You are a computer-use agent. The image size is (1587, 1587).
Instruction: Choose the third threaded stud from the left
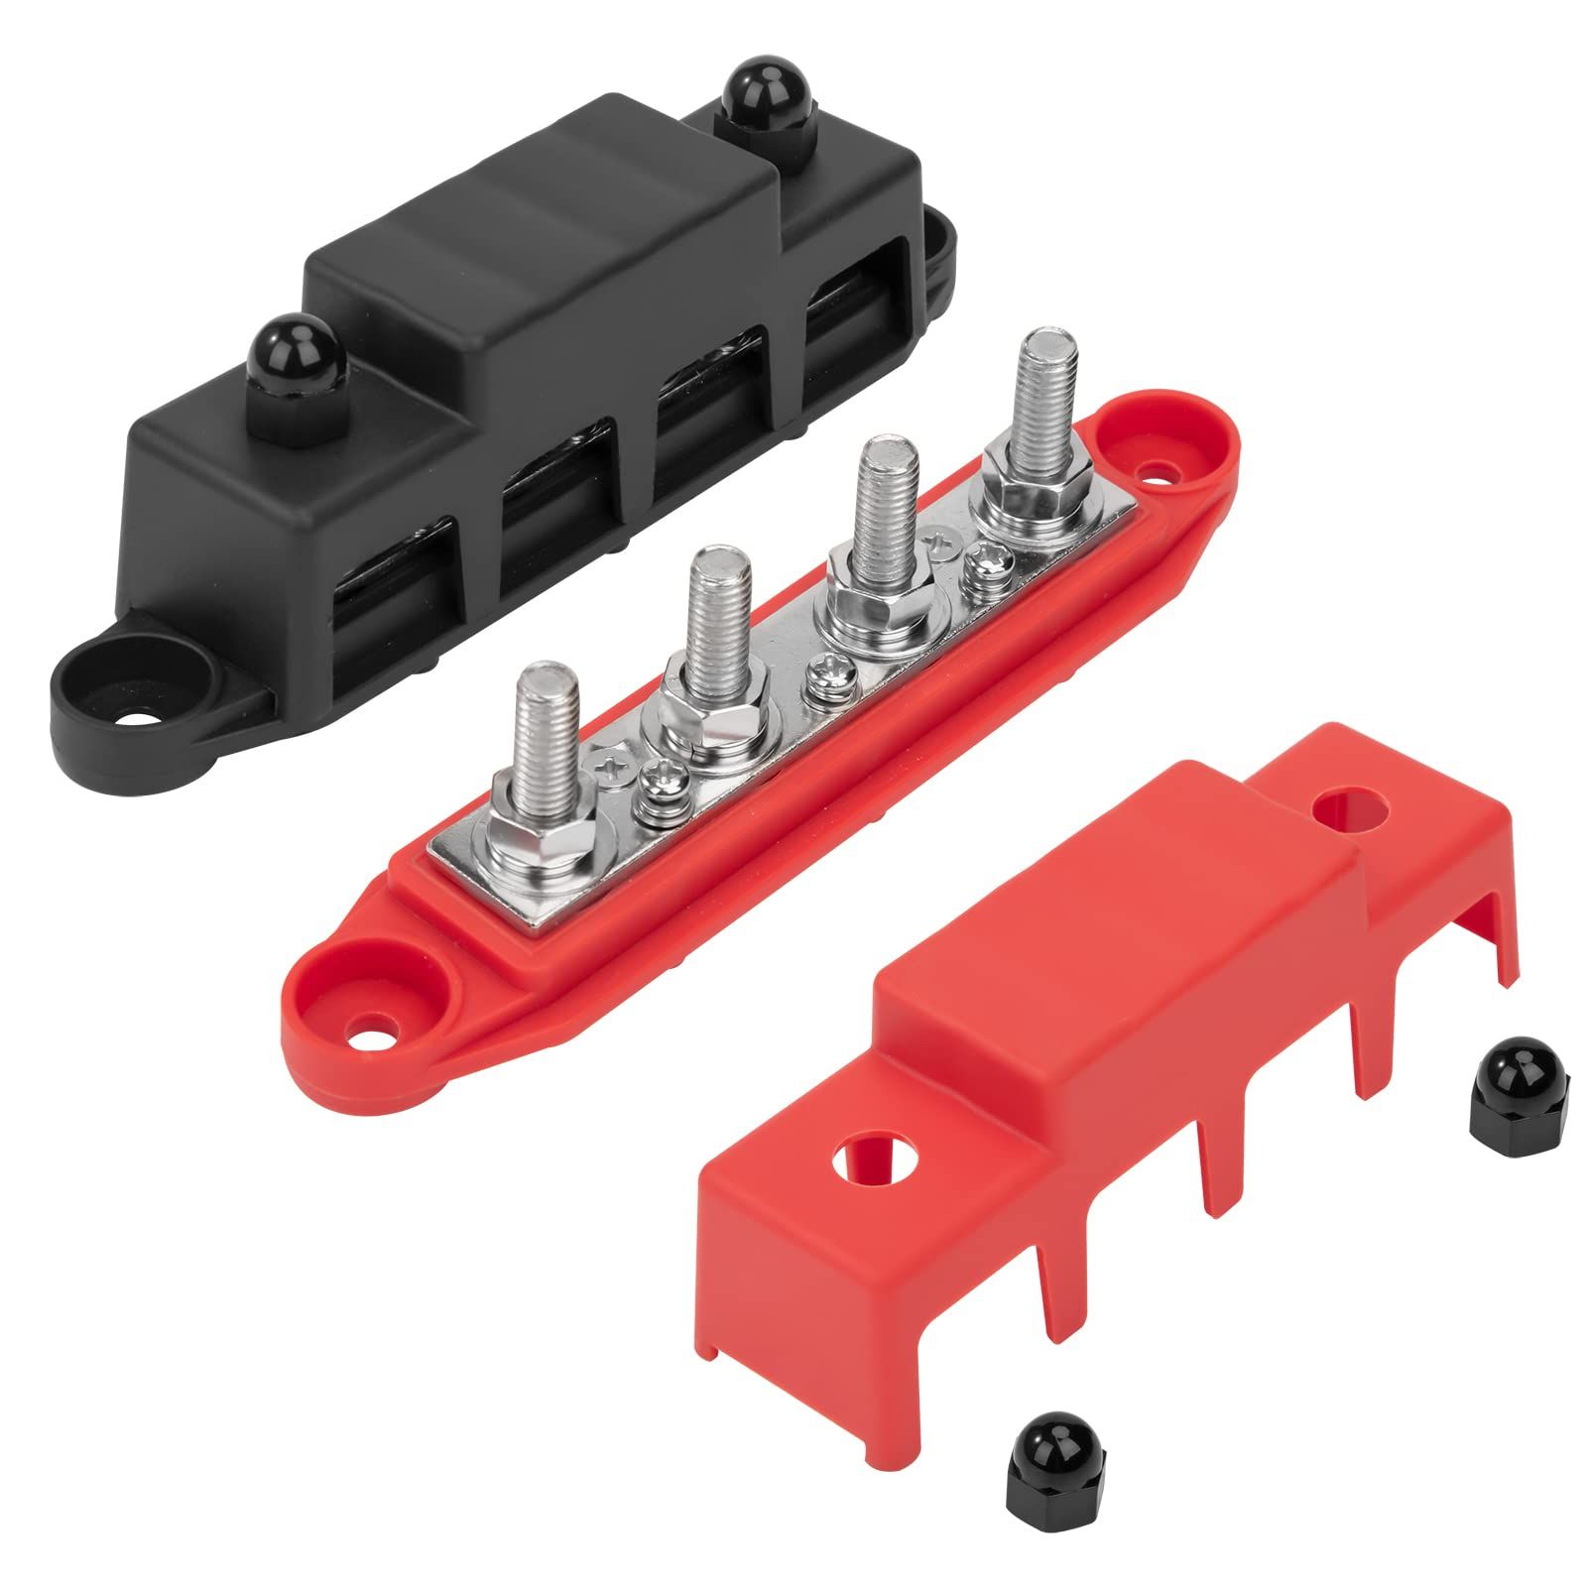coord(878,504)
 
